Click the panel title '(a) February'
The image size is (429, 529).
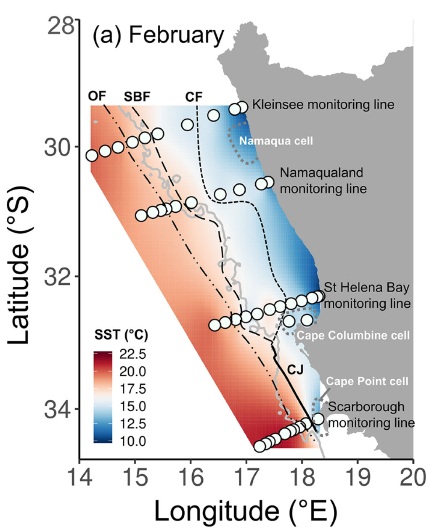pos(158,35)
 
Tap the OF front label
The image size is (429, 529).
pos(97,96)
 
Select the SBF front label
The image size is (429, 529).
pos(137,97)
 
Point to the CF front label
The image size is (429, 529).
pos(194,97)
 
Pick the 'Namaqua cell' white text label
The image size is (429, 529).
pos(276,140)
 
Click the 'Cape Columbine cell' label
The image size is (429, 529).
pos(353,335)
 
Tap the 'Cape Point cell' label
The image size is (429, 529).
pos(367,381)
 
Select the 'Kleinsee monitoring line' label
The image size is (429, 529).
pos(323,104)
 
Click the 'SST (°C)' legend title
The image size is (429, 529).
pos(121,336)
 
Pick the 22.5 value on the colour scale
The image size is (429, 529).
pos(132,354)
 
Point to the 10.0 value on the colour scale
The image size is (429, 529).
pos(132,441)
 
